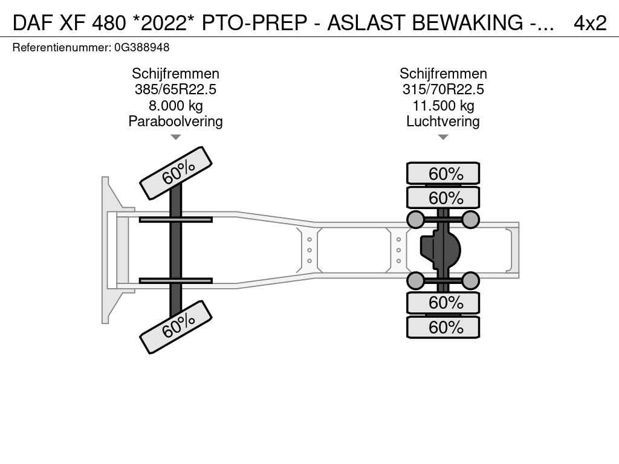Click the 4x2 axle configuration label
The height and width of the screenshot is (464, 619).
click(x=589, y=23)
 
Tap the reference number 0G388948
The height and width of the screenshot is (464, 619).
click(x=141, y=47)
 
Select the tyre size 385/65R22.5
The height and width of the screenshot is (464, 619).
click(x=175, y=89)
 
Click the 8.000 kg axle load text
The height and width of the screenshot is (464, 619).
click(x=175, y=106)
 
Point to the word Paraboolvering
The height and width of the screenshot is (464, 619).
click(x=175, y=121)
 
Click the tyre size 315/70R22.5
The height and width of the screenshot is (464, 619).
click(x=443, y=89)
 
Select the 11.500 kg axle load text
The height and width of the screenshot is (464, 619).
click(x=443, y=106)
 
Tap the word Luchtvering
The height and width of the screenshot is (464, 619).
click(x=443, y=121)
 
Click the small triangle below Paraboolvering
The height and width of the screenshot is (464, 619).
click(x=175, y=137)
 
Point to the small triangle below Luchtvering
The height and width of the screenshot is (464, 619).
click(x=443, y=137)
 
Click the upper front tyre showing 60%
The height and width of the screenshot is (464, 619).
click(x=176, y=173)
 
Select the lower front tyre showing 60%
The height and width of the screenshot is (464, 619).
click(x=176, y=327)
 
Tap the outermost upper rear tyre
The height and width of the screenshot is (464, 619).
click(x=443, y=173)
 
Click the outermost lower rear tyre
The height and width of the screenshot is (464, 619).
click(x=443, y=327)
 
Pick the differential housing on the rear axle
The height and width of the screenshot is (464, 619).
click(x=440, y=250)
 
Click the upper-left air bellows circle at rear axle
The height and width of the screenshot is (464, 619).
click(x=416, y=219)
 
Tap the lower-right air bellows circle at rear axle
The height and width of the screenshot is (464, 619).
click(x=470, y=280)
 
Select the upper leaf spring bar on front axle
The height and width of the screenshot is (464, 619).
click(x=175, y=219)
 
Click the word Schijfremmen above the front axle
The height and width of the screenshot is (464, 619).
click(x=175, y=74)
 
